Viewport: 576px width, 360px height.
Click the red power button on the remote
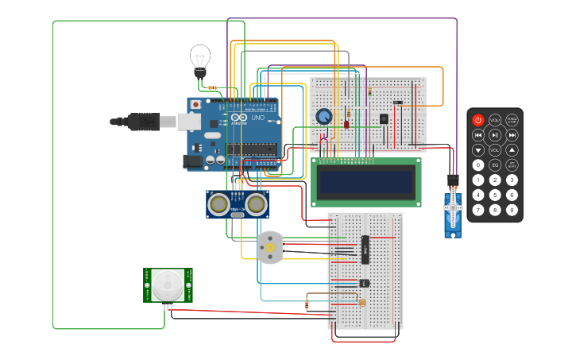[x=478, y=120]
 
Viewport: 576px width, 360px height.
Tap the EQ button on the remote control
[x=495, y=165]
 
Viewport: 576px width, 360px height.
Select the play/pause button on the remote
[x=495, y=135]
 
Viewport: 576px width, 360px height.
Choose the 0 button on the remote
[x=478, y=165]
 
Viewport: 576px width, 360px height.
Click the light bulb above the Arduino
[x=199, y=60]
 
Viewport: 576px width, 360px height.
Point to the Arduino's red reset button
[x=195, y=104]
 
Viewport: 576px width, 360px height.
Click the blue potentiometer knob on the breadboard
[x=323, y=117]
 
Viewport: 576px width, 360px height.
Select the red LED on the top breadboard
[x=347, y=124]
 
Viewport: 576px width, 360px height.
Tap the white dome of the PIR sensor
[x=168, y=284]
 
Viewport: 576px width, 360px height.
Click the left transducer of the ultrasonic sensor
[x=218, y=204]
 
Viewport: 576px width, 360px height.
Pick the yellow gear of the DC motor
[x=270, y=248]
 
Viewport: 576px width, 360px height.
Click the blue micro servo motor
[x=453, y=210]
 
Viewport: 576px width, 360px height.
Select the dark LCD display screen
[x=365, y=182]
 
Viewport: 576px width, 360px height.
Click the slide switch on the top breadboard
[x=398, y=103]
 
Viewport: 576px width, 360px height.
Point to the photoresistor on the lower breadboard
[x=362, y=302]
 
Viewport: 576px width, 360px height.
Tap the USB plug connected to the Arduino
[x=143, y=122]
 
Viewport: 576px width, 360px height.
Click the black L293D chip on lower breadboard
[x=365, y=250]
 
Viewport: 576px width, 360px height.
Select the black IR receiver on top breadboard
[x=384, y=118]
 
